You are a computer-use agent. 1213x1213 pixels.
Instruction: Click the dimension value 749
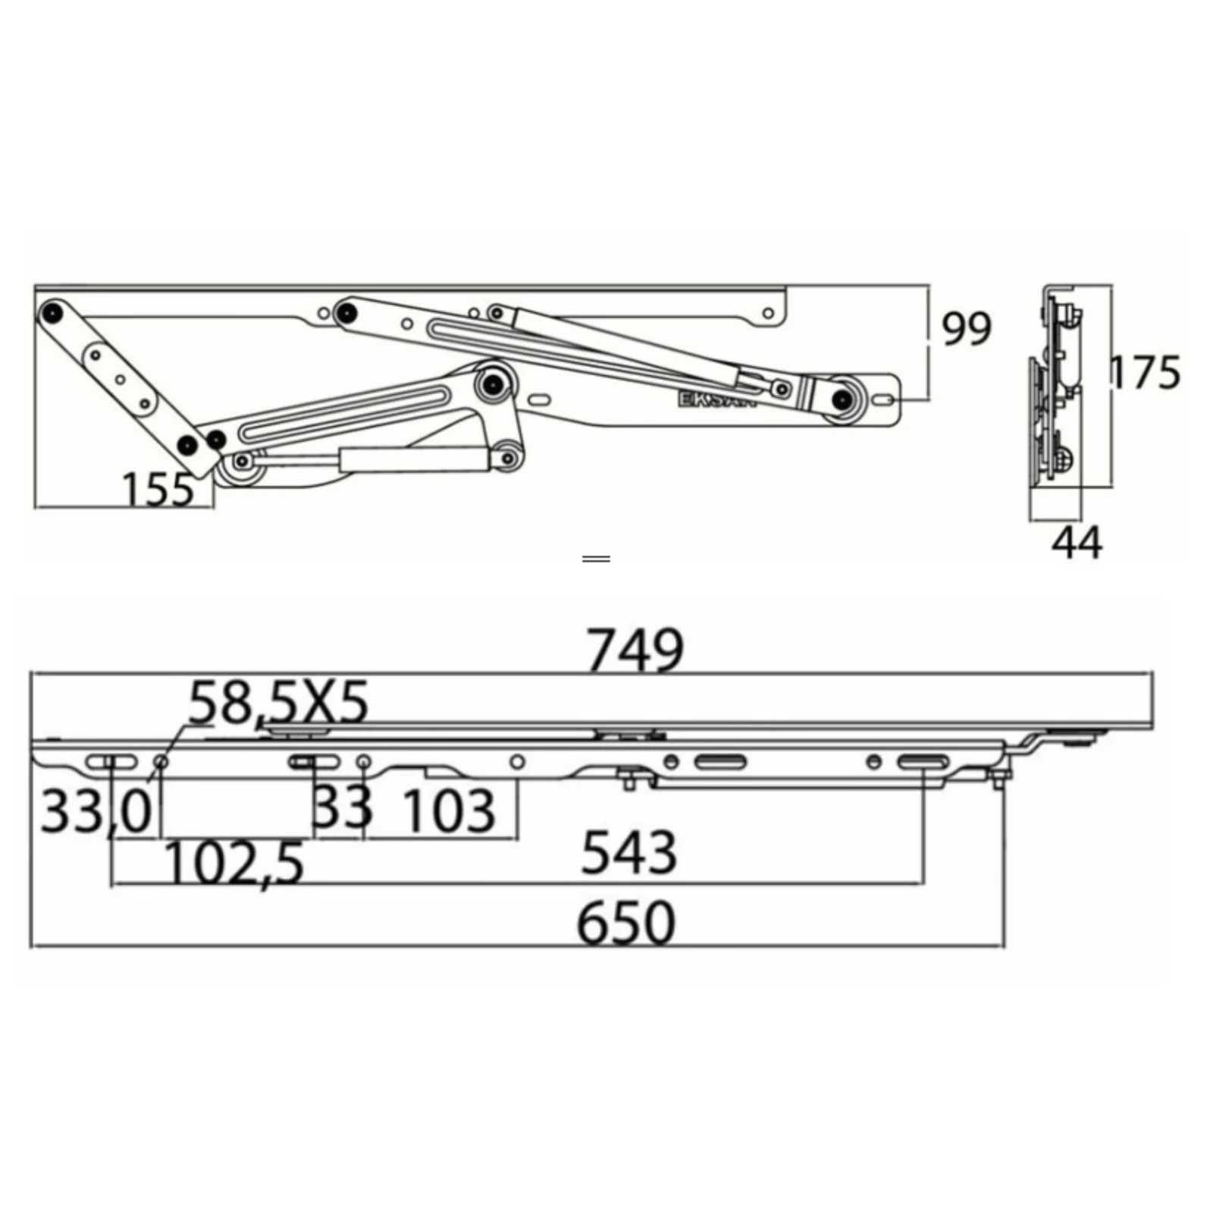[635, 650]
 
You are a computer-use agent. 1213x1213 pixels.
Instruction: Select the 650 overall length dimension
[625, 923]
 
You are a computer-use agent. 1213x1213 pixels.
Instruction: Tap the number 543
[628, 853]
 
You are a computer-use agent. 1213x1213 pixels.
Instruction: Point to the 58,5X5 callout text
[278, 702]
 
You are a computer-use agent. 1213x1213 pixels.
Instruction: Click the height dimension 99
[966, 329]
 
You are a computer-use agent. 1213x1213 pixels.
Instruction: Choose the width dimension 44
[1077, 543]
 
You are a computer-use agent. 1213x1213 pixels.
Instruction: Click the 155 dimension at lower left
[158, 490]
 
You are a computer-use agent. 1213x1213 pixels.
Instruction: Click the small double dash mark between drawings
[597, 559]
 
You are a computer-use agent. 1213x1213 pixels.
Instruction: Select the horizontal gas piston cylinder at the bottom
[413, 459]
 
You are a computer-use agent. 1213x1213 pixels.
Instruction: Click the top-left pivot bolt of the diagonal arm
[52, 312]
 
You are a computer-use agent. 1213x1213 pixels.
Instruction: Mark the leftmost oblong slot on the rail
[111, 762]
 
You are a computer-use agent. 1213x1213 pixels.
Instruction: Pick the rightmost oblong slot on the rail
[923, 762]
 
